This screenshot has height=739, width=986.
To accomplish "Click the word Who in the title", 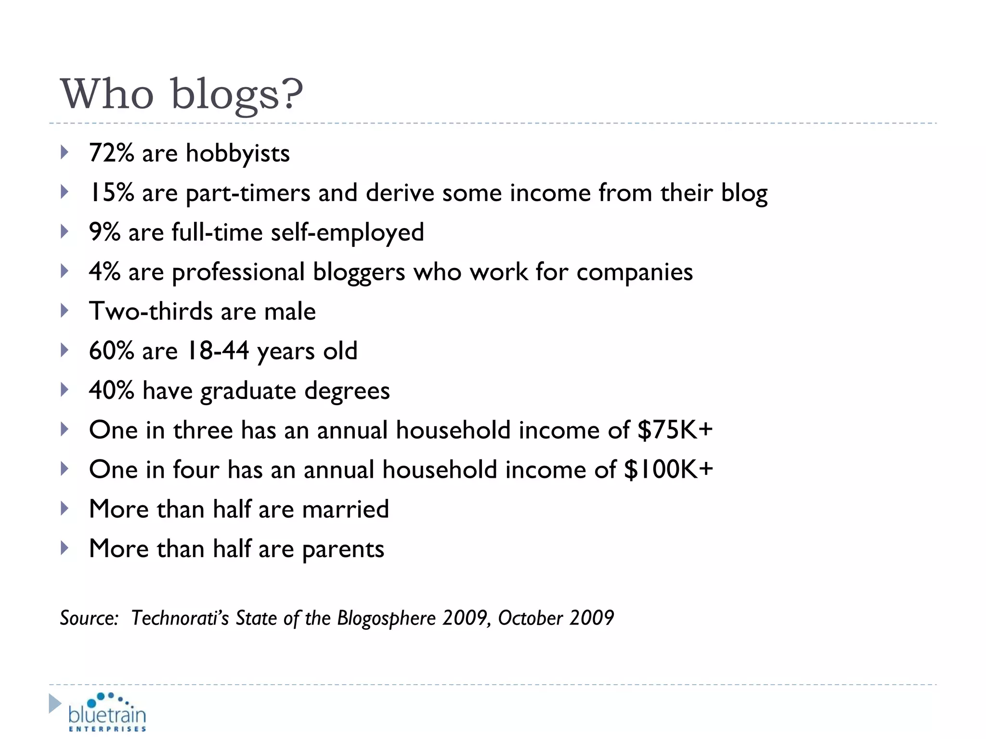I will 107,94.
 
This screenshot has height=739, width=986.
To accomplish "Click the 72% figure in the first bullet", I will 111,153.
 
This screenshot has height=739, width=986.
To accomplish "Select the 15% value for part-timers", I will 111,193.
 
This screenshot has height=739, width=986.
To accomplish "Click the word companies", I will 635,273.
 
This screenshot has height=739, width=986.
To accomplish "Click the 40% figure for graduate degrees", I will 111,390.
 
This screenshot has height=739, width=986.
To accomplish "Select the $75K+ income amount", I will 675,430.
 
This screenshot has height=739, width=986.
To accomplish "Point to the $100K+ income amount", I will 668,469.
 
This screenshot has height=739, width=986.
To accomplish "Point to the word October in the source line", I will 530,618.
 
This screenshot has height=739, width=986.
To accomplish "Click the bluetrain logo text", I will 107,714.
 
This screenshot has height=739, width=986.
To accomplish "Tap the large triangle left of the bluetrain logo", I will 55,703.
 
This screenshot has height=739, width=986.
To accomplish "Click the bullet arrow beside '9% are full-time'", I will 65,232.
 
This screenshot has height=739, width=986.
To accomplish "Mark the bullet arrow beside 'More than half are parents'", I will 65,548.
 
